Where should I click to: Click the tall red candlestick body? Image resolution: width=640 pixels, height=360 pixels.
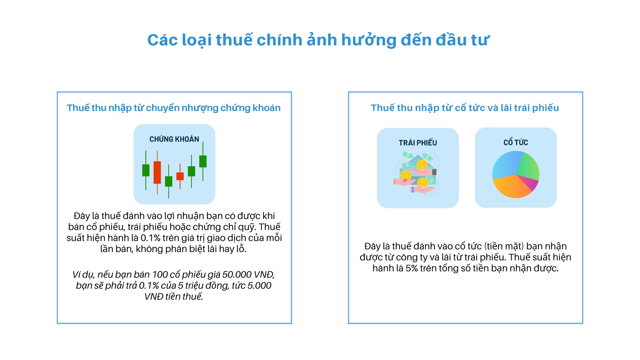(157, 172)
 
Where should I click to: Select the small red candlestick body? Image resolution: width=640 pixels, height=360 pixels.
(180, 176)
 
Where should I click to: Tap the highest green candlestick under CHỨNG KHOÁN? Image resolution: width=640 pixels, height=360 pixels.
(203, 161)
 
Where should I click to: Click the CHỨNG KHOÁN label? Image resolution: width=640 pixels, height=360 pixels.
(174, 139)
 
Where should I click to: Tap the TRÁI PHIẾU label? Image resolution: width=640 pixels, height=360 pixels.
(418, 143)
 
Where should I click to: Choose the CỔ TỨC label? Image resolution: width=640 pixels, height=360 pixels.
(516, 143)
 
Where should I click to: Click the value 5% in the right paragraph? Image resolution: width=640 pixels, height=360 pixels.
(412, 268)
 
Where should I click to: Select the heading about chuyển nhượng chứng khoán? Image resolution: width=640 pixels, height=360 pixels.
(174, 108)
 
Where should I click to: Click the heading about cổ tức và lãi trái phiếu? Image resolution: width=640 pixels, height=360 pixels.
(465, 108)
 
